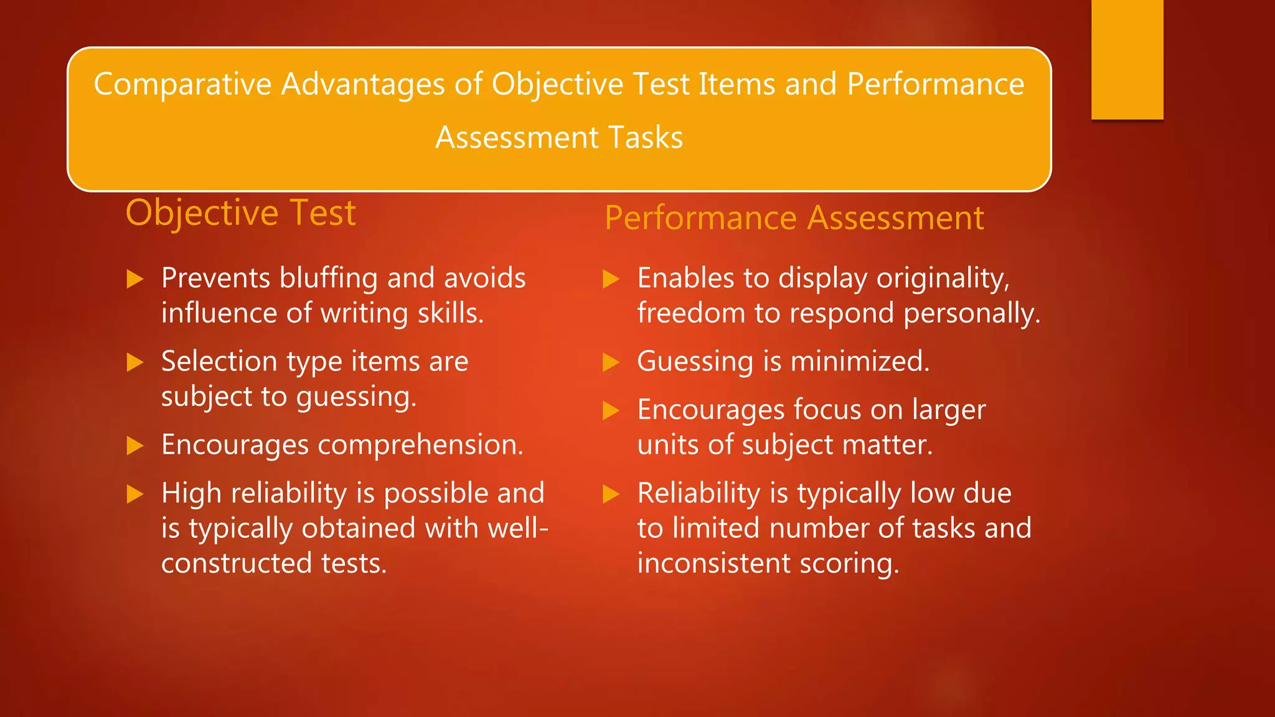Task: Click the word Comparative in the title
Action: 182,85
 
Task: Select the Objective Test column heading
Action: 240,213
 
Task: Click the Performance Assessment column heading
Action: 794,218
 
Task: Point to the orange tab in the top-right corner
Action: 1127,59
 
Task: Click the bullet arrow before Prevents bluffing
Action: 135,279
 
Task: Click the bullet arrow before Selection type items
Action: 135,362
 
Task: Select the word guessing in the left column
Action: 355,397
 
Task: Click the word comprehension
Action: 420,445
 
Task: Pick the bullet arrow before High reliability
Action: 135,494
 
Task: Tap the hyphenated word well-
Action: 518,528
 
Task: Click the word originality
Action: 943,278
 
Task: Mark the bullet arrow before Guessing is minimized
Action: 611,362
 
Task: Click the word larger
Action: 949,410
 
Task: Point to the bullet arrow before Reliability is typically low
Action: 611,494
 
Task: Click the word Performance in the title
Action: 935,85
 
